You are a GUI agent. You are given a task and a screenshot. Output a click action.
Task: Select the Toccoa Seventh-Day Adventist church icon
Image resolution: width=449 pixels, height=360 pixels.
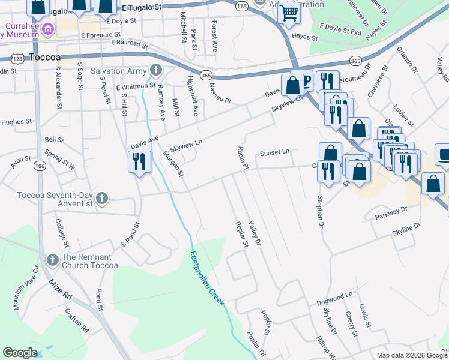(x=102, y=198)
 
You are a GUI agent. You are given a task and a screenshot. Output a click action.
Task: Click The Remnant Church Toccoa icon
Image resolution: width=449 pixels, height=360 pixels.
(x=52, y=260)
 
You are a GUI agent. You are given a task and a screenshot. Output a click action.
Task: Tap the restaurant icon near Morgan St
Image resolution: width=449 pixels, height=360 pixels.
(x=139, y=162)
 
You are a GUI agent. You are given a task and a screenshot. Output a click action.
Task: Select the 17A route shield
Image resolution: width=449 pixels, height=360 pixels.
(x=242, y=6)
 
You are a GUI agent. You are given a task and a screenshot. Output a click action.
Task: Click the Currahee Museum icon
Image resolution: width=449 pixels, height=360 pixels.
(x=48, y=28)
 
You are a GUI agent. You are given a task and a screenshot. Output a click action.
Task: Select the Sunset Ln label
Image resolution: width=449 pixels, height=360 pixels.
(x=275, y=153)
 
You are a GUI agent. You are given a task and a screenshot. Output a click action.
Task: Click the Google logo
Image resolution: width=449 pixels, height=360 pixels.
(x=20, y=353)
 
